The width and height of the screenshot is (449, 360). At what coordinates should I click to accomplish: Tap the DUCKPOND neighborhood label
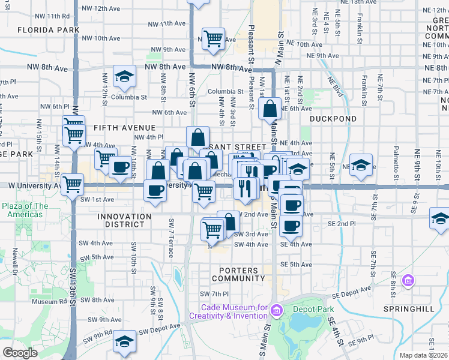pos(333,119)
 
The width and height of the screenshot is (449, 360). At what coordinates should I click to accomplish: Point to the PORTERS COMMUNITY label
pos(238,274)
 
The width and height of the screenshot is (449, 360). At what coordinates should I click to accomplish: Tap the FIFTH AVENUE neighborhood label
pos(124,128)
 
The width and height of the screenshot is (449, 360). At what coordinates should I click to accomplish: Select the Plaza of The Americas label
pos(25,210)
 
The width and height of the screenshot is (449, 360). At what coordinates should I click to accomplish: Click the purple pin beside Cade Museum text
pos(276,310)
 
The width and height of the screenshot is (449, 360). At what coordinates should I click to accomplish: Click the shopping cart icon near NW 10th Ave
pos(213,38)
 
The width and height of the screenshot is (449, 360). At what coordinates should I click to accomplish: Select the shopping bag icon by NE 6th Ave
pos(270,109)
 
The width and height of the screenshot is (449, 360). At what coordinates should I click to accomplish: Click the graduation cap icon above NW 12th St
pos(124,76)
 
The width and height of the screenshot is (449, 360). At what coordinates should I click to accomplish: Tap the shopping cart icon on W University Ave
pos(73,184)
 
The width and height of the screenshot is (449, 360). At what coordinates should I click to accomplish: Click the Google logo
pos(20,353)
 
